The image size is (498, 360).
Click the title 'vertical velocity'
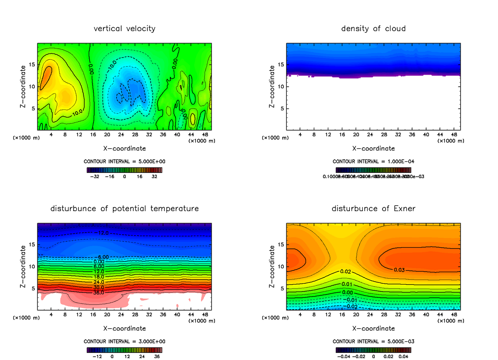pyautogui.click(x=124, y=29)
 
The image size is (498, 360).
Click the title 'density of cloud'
pyautogui.click(x=373, y=29)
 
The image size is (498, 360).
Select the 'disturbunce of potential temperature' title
pyautogui.click(x=124, y=208)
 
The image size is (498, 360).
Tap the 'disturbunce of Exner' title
pyautogui.click(x=373, y=208)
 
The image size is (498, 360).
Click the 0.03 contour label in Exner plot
pyautogui.click(x=399, y=270)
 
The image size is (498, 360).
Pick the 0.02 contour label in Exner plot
pyautogui.click(x=346, y=271)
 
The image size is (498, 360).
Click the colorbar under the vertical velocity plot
pyautogui.click(x=124, y=170)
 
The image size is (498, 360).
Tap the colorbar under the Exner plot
pyautogui.click(x=373, y=350)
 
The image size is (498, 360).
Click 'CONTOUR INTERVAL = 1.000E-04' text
pyautogui.click(x=373, y=161)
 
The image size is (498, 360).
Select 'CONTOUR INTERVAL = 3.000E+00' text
pyautogui.click(x=124, y=341)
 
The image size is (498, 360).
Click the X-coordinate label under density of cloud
pyautogui.click(x=373, y=148)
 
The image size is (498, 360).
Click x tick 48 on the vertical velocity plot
pyautogui.click(x=205, y=134)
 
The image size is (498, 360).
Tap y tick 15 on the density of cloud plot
pyautogui.click(x=281, y=65)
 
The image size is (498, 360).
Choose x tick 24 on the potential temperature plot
pyautogui.click(x=121, y=314)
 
